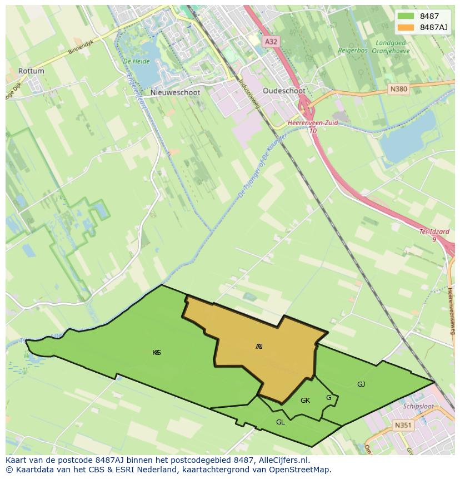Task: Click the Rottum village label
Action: [31, 71]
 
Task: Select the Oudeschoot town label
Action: [284, 91]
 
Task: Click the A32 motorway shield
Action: [271, 41]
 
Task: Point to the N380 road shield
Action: [399, 88]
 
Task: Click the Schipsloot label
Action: [418, 406]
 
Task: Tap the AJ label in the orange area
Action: [259, 347]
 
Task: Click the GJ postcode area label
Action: [361, 384]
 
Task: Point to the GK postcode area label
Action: [305, 401]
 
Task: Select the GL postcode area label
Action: [281, 422]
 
